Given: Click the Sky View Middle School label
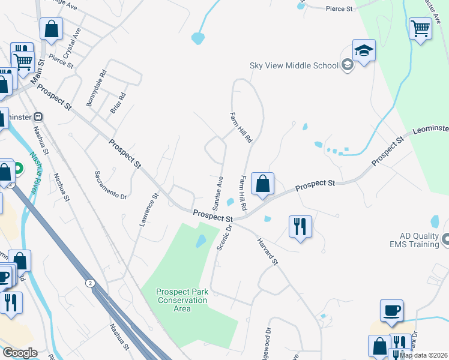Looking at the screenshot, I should coord(294,65).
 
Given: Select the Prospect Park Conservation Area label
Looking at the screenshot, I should coord(182,300).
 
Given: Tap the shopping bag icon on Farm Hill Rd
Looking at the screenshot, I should coord(262,184).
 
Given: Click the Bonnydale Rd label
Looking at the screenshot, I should coord(96,89).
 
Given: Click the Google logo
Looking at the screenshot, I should coord(20,353).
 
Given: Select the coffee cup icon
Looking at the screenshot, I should coord(391,310).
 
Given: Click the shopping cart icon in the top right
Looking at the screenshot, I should coord(420,28).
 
